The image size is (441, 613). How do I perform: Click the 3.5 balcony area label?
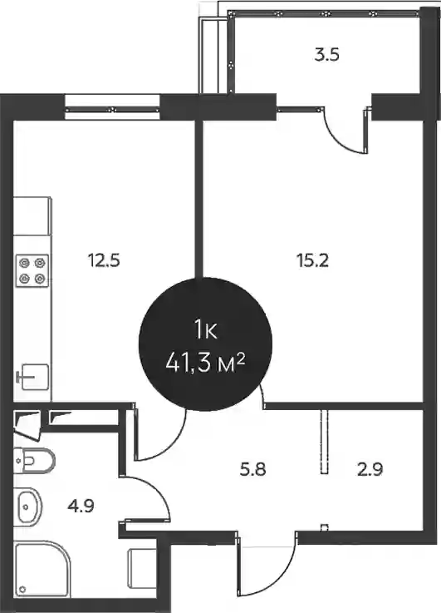[326, 55]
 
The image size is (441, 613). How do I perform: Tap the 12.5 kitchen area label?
[104, 260]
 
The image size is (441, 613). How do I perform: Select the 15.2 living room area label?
[313, 260]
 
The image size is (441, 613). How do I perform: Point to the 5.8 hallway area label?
[253, 469]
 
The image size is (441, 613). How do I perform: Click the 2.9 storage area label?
[370, 469]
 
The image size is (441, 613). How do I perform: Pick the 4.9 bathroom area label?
[81, 507]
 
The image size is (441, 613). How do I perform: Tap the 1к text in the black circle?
[205, 332]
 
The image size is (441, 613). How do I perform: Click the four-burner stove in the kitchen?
[32, 270]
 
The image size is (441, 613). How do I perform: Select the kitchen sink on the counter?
[34, 377]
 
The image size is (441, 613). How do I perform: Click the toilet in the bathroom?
[34, 461]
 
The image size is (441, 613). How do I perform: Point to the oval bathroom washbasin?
[28, 507]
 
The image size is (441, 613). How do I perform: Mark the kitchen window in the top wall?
[113, 110]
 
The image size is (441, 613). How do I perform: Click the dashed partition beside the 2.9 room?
[324, 442]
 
